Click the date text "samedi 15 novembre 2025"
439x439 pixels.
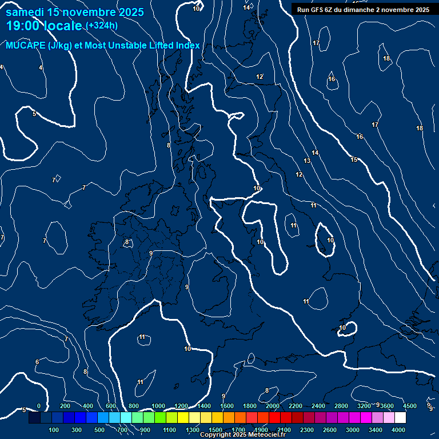tap(75, 12)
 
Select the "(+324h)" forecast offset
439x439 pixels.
tap(102, 25)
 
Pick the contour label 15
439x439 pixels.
tap(354, 159)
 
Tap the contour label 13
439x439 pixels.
tap(307, 161)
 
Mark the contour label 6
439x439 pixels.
tap(37, 362)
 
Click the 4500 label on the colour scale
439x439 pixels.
tap(410, 406)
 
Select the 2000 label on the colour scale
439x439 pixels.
tap(273, 406)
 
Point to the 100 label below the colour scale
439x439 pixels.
tap(54, 430)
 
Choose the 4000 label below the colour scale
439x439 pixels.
tap(399, 430)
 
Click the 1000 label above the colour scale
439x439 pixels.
tap(158, 406)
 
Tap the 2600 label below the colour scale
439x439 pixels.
tap(330, 430)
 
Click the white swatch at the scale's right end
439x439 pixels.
tap(400, 418)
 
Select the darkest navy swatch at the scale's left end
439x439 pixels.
tap(34, 418)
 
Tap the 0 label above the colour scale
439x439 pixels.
tap(39, 406)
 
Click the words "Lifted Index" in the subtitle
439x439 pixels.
tap(174, 46)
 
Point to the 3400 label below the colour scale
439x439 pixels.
tap(376, 430)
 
